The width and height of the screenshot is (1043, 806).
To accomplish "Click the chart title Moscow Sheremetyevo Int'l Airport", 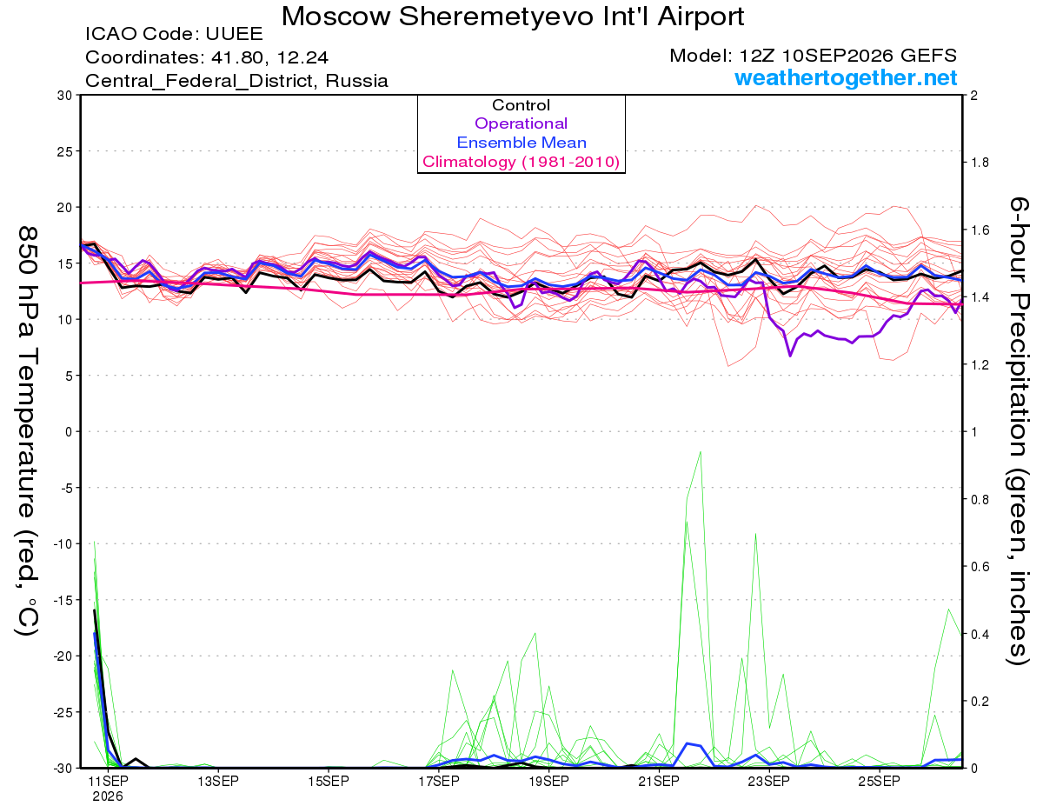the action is (513, 17).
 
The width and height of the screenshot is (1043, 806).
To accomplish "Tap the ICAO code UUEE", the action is (234, 34).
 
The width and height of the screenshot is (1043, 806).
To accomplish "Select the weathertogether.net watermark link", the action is (846, 77).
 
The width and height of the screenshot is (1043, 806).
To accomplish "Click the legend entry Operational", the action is (521, 123).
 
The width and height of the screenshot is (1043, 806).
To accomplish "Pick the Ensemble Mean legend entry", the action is (521, 143).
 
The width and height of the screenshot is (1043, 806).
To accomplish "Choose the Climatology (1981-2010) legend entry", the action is (521, 162).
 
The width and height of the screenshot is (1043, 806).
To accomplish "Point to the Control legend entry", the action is (521, 105).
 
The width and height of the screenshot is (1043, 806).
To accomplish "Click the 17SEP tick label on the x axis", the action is (438, 781).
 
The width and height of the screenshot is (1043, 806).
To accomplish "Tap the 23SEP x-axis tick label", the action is (768, 781).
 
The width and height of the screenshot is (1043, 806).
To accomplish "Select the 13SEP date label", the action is (218, 781).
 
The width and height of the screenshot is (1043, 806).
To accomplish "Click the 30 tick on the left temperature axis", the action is (64, 96).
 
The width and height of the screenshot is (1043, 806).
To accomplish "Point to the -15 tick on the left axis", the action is (63, 600).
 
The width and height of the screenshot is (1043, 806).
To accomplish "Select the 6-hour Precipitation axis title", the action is (1018, 430).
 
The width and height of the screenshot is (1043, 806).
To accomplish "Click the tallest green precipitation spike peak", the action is (701, 452).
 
